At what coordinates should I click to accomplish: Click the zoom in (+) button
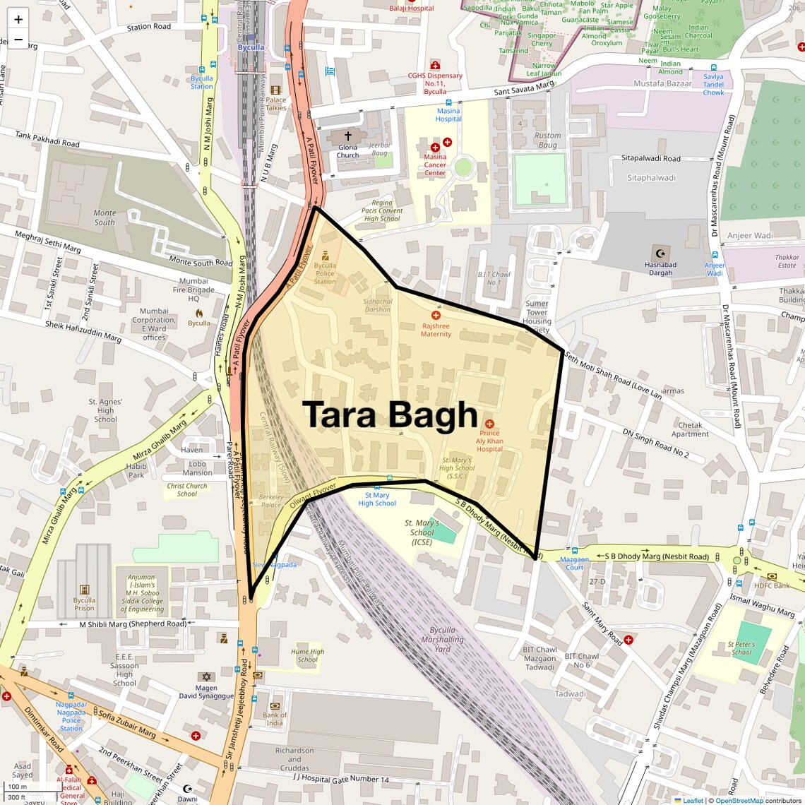point(18,20)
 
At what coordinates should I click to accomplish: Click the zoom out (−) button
point(18,40)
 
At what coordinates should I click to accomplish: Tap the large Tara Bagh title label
point(390,415)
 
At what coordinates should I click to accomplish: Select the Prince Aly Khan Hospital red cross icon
point(489,424)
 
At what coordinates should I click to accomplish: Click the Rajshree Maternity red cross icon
point(436,316)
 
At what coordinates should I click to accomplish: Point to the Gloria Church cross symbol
point(347,135)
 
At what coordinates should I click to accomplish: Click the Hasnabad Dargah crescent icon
point(661,254)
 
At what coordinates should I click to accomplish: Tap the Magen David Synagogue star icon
point(206,676)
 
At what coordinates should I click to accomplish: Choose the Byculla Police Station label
point(325,273)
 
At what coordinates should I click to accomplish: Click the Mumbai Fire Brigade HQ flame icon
point(199,312)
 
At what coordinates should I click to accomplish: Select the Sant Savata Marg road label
point(524,88)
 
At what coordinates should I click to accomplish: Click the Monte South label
point(105,217)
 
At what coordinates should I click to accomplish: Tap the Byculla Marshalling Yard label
point(442,639)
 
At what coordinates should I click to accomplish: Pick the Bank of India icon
point(275,705)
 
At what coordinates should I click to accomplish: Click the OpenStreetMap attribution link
point(739,800)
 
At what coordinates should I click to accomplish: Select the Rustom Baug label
point(547,140)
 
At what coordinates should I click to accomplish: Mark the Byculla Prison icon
point(84,590)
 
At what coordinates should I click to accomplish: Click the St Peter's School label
point(741,648)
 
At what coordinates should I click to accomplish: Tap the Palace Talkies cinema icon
point(275,90)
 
